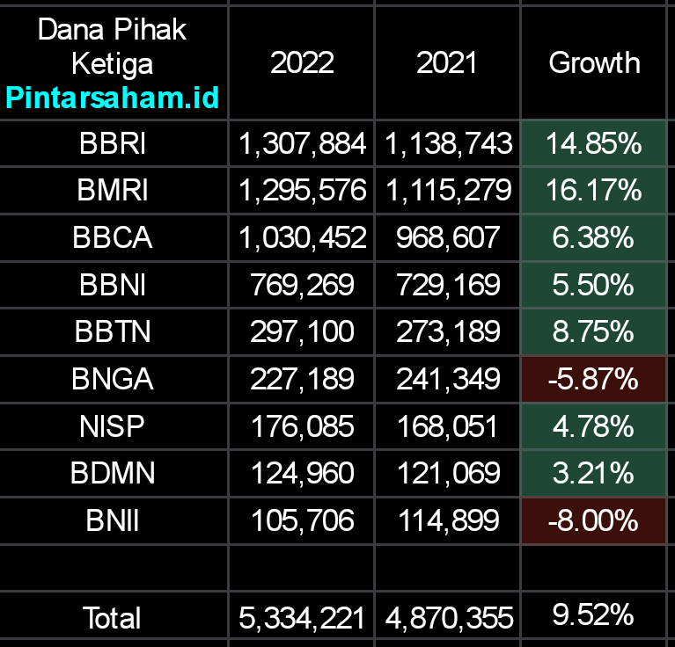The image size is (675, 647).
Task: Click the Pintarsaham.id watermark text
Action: (113, 98)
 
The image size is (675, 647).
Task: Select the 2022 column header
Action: (302, 62)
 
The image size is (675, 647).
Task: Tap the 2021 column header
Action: (447, 62)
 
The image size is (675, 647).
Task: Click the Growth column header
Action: (594, 62)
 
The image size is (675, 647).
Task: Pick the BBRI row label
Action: (113, 143)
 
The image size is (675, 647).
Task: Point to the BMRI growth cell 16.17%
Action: (594, 190)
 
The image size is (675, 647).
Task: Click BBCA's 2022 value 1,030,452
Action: (302, 237)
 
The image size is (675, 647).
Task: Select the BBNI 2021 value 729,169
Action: (447, 285)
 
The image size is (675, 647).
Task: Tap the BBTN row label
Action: (113, 331)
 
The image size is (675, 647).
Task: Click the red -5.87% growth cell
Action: (594, 379)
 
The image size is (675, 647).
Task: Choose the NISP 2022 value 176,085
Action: (302, 426)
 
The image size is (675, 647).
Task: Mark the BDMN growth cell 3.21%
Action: (594, 473)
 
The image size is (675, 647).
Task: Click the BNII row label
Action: (113, 520)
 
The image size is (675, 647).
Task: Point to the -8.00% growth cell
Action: (594, 520)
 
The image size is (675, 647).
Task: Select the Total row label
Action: (113, 618)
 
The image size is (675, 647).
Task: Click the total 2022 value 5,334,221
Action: (302, 618)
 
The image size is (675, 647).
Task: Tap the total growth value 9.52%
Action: (594, 614)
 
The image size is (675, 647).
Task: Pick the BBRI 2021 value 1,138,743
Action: (447, 143)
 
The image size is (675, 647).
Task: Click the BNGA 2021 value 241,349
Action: (447, 379)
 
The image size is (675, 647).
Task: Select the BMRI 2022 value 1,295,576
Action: (302, 190)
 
